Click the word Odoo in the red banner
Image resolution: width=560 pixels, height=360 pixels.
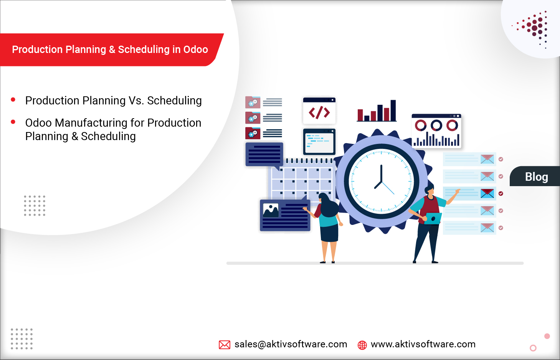(195, 50)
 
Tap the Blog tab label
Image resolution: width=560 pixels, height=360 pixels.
(536, 177)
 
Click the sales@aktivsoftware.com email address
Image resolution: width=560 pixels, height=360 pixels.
(291, 344)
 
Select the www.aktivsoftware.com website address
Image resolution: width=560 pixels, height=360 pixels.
(423, 344)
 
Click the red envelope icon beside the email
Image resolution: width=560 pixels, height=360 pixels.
(225, 345)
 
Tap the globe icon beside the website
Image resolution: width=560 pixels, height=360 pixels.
(362, 345)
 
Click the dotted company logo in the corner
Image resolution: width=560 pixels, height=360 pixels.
(534, 28)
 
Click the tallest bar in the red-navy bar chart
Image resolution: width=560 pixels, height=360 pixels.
(393, 111)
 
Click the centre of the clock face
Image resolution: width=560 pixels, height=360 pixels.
(381, 181)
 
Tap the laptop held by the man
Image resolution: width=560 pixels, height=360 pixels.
(433, 218)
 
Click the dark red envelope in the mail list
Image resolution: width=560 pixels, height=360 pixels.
(487, 193)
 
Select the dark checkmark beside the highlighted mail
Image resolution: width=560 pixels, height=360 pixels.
(501, 193)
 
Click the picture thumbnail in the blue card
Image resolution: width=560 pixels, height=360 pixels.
(271, 210)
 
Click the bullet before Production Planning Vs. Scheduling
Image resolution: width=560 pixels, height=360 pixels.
(13, 100)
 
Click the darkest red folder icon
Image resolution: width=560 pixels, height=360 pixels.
(253, 133)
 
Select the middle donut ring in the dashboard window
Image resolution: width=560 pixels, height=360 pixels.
(436, 125)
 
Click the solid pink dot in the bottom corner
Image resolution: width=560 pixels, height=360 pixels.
(547, 336)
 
